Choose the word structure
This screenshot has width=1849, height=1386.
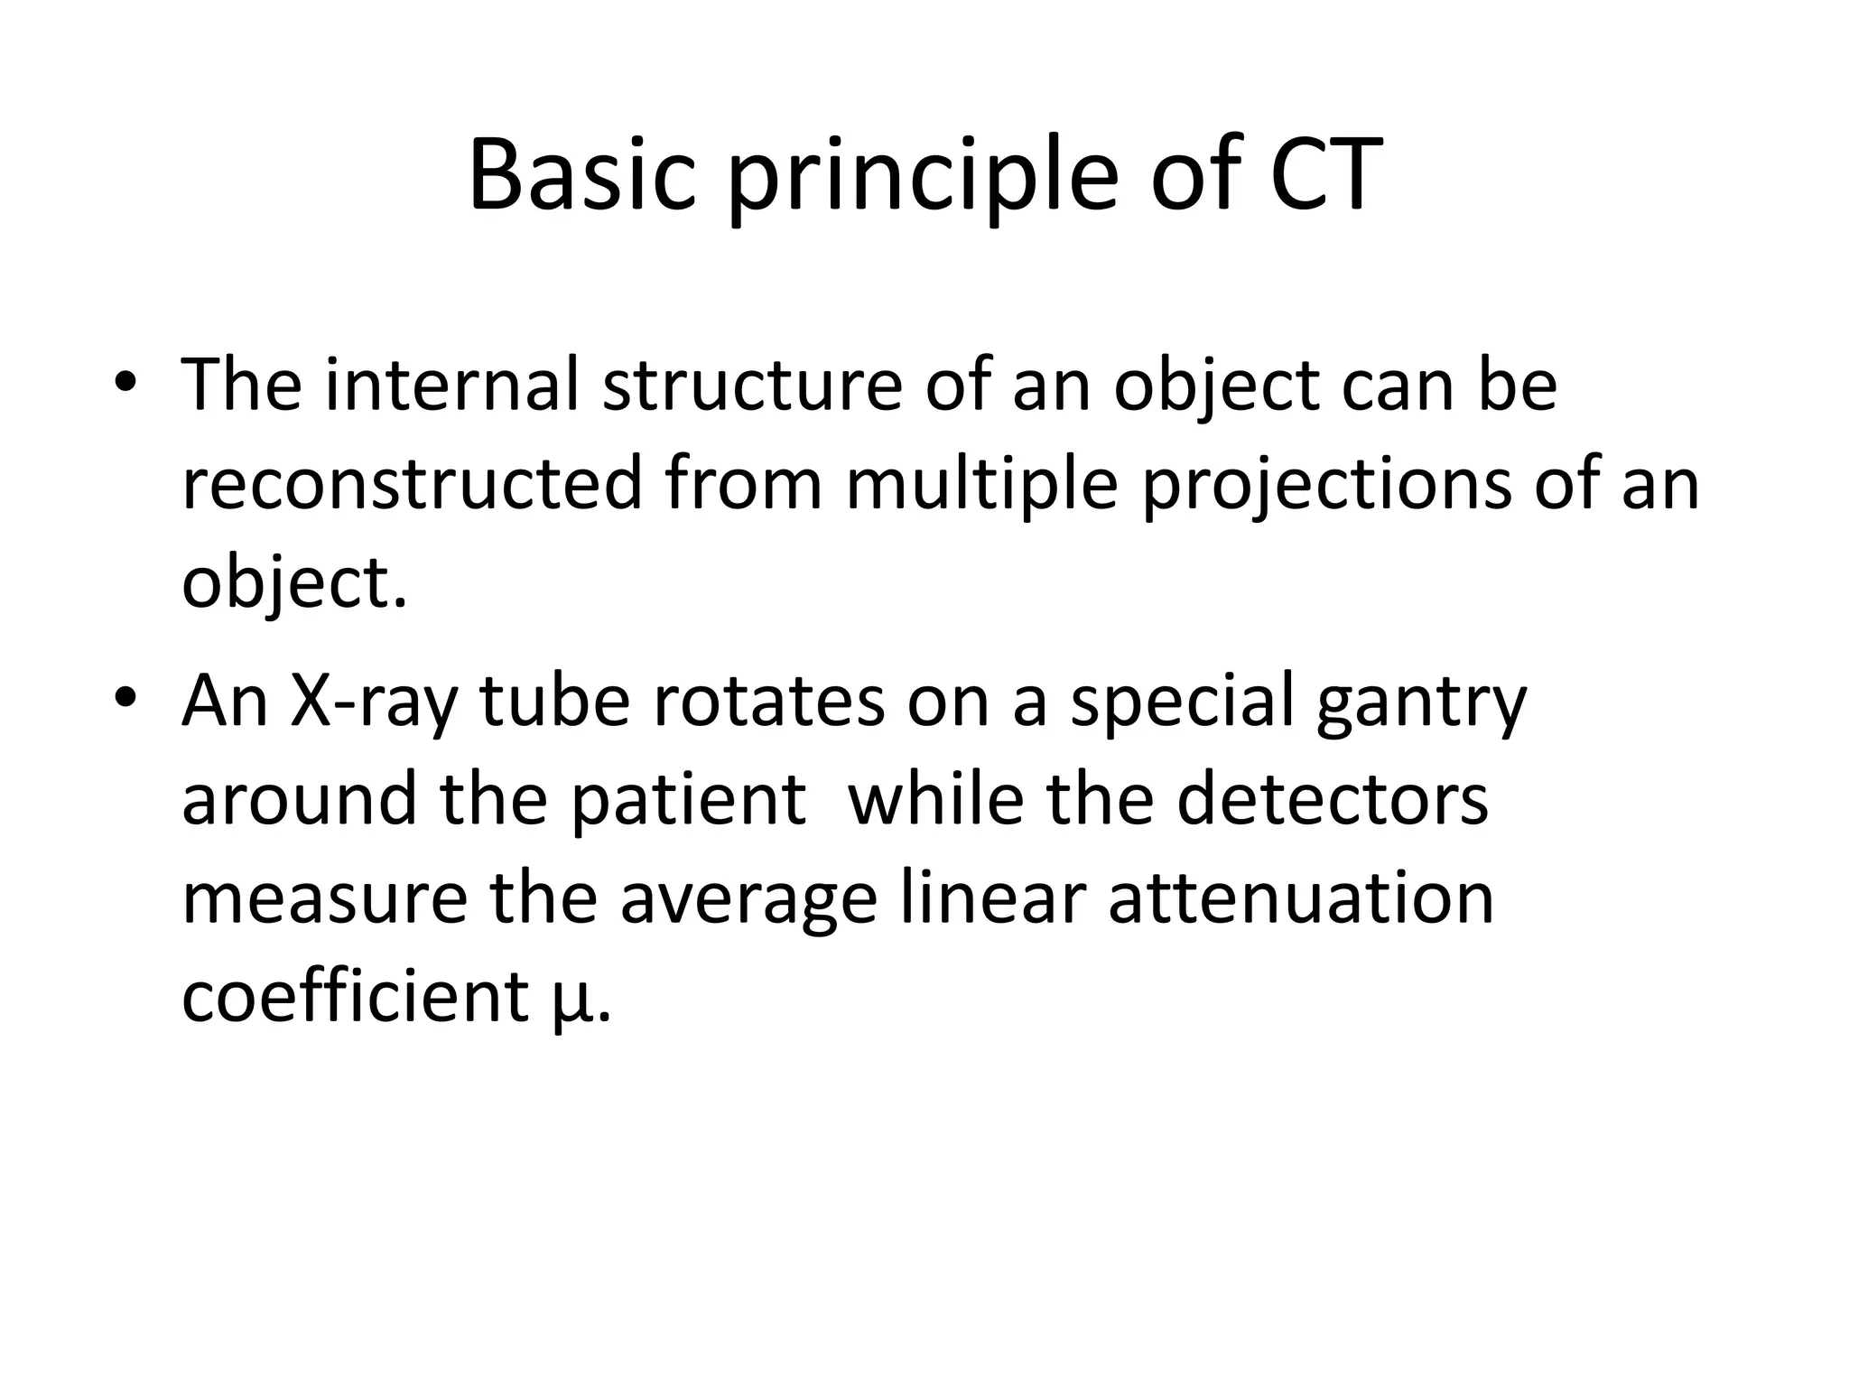pyautogui.click(x=752, y=385)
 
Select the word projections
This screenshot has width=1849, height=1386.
pyautogui.click(x=1326, y=488)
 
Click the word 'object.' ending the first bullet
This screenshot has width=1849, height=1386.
pyautogui.click(x=294, y=585)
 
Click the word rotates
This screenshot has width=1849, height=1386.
pyautogui.click(x=767, y=702)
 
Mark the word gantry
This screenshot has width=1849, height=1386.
pyautogui.click(x=1420, y=705)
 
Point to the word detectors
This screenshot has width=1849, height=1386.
pyautogui.click(x=1332, y=800)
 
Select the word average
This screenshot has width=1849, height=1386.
pyautogui.click(x=748, y=901)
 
